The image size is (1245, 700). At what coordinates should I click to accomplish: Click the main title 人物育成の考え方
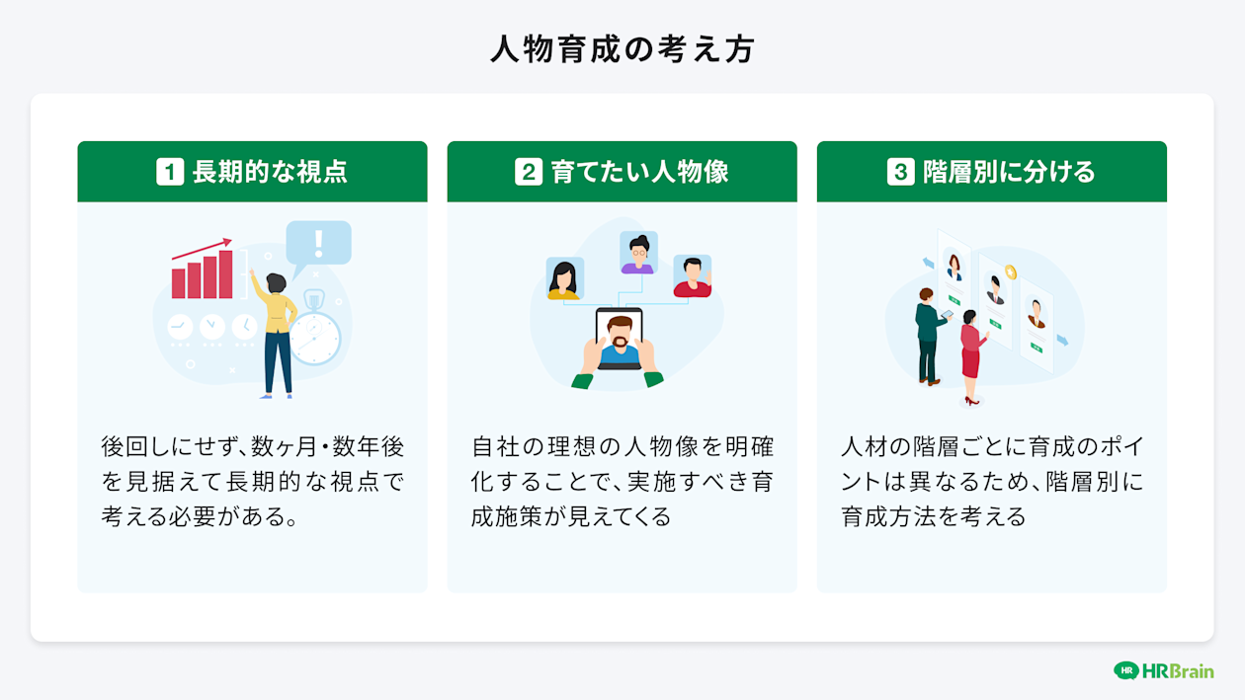pos(622,48)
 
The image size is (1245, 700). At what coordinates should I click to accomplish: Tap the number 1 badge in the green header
pos(170,172)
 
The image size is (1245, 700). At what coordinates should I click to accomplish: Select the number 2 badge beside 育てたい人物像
pos(529,172)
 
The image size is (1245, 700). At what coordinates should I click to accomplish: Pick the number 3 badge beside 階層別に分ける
pos(900,172)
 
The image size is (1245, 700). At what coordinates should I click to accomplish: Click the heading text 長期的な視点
pos(269,172)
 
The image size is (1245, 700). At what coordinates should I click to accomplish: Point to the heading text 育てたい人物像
pos(639,172)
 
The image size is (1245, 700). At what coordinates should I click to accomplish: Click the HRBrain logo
pos(1163,670)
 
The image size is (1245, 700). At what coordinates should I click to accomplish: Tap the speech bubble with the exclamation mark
pos(318,242)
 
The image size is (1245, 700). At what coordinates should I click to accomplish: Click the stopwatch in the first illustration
pos(314,334)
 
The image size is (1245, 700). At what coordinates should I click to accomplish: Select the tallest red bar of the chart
pos(226,273)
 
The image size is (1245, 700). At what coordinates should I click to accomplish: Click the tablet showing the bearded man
pos(620,339)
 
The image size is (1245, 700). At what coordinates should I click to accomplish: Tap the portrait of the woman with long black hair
pos(564,278)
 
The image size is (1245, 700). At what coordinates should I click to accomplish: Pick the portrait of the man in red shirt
pos(693,276)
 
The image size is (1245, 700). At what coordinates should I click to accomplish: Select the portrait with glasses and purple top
pos(638,254)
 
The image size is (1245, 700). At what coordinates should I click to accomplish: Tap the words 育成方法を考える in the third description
pos(934,515)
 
